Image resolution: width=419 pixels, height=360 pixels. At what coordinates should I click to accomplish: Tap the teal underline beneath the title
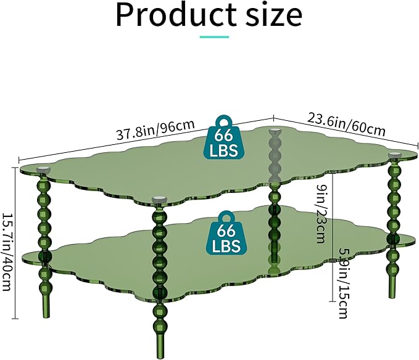click(214, 37)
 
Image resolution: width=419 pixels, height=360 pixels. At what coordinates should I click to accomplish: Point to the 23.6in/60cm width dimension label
click(347, 124)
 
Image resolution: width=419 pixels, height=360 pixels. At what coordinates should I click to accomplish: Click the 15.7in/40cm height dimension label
click(7, 252)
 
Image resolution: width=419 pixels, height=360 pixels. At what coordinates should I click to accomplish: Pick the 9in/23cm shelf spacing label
click(320, 213)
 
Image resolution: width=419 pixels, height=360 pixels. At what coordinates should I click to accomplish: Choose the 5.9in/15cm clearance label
click(344, 284)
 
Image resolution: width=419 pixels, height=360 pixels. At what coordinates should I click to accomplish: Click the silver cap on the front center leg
click(160, 199)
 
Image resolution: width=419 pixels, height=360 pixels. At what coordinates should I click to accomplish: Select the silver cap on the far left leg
click(43, 169)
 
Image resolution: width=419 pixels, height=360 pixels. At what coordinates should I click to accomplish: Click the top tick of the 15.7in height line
click(15, 168)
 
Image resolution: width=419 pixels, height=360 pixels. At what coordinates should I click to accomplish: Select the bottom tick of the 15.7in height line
click(15, 318)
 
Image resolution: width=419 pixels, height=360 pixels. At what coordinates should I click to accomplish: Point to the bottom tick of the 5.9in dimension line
click(332, 301)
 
